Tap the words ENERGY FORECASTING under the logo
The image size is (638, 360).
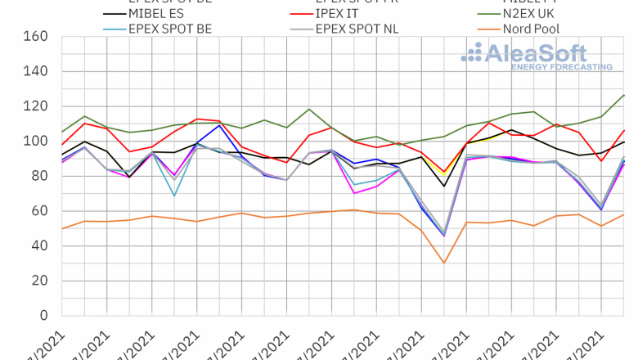(x=561, y=67)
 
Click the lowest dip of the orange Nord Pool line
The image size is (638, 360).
(x=443, y=263)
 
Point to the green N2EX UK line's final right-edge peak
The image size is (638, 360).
(x=624, y=95)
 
